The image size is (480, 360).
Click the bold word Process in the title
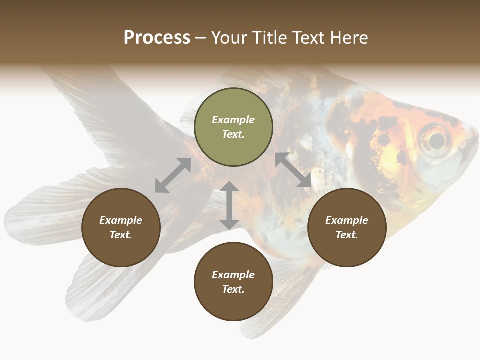tap(157, 38)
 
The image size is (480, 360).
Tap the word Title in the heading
tap(270, 38)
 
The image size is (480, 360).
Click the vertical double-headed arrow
tap(229, 205)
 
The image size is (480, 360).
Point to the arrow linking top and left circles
tap(173, 175)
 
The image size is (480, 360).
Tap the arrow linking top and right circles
tap(293, 170)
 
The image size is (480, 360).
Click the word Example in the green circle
tap(233, 120)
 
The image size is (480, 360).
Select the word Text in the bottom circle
tap(232, 289)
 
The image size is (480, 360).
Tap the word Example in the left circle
tap(121, 220)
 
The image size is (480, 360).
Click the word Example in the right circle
tap(347, 220)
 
